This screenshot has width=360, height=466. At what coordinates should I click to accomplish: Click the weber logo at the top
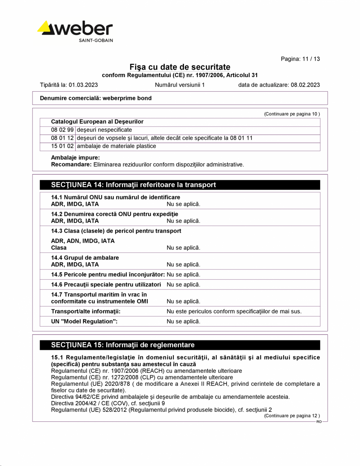pos(75,32)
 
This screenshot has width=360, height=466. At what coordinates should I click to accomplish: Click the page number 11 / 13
pos(300,59)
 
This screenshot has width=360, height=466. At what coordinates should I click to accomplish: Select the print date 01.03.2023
pos(83,85)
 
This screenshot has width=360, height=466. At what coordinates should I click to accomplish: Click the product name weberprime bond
pos(127,98)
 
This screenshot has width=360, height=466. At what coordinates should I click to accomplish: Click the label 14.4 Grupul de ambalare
pos(85,258)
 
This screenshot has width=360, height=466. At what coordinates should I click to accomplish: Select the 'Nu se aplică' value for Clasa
pos(183,247)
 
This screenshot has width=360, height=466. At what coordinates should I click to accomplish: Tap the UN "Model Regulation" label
pos(84,322)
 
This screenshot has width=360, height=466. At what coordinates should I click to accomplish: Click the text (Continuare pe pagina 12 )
pos(292,415)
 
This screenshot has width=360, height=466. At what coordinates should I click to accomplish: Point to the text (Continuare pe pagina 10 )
pos(292,114)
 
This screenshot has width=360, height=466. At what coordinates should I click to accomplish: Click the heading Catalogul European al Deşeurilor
pos(97,122)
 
